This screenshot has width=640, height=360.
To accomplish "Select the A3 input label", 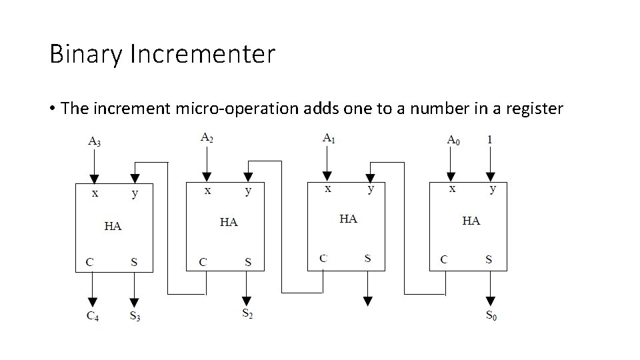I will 95,141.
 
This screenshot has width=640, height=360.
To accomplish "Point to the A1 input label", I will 329,138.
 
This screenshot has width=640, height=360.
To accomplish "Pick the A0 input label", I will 453,141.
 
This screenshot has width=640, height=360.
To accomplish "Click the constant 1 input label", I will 491,140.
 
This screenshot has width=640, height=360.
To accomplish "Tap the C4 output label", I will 93,316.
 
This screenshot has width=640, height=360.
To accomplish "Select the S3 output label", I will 135,316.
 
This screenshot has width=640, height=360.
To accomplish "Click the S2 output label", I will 247,312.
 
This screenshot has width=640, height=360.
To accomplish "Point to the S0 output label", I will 491,315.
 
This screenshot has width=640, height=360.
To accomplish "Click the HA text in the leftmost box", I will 113,226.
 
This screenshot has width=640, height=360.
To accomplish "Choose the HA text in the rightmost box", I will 471,221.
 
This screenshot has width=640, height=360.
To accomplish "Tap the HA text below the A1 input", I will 348,218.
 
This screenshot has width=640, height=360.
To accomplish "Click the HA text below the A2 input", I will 229,221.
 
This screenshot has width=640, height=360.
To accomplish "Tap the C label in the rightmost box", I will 444,259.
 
